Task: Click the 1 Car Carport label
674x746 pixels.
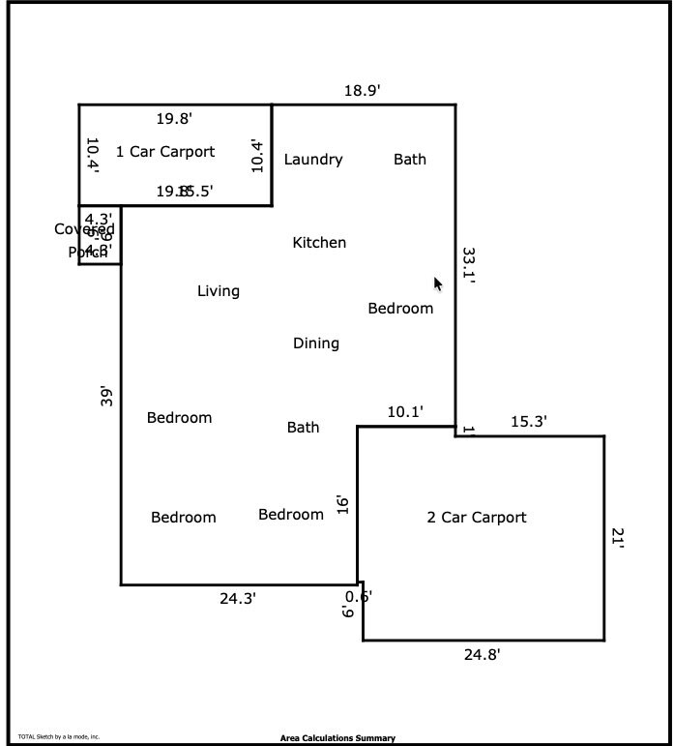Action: point(165,152)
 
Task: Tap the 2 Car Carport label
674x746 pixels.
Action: point(477,518)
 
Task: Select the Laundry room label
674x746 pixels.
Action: point(313,160)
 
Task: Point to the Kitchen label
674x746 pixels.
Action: point(319,243)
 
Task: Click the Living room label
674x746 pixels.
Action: point(219,291)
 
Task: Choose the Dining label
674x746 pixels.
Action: point(316,343)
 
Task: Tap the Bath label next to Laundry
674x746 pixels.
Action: point(410,160)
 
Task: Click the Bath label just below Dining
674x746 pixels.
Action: point(304,428)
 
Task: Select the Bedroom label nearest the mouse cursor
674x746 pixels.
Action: point(400,309)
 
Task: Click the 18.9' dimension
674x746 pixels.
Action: point(363,91)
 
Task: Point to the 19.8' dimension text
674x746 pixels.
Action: point(174,119)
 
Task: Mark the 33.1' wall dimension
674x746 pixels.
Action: point(469,264)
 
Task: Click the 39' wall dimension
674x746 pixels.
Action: point(107,397)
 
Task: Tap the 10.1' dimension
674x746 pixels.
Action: point(405,412)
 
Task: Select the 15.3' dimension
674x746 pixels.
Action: point(529,422)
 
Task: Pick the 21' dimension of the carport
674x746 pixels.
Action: point(618,538)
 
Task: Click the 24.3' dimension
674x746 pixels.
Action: point(238,599)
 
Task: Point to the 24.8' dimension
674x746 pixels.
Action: point(482,655)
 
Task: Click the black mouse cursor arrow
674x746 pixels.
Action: point(438,283)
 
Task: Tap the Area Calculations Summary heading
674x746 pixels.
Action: point(337,738)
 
